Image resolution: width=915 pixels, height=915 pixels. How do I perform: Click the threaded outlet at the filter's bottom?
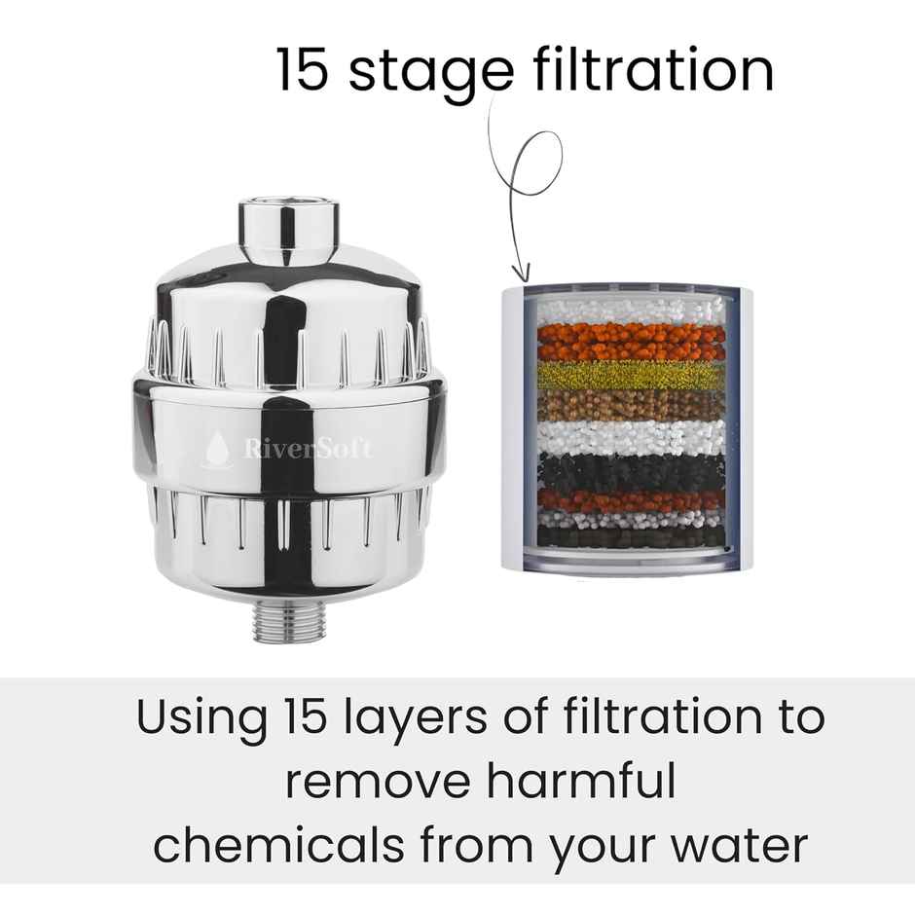[x=288, y=622]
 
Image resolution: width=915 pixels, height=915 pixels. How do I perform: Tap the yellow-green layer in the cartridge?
[x=630, y=377]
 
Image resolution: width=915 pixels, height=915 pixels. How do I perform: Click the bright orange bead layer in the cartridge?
[x=630, y=342]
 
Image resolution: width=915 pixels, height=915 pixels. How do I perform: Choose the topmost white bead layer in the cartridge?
[x=630, y=310]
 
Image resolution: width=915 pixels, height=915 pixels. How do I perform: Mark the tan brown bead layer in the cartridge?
[x=630, y=404]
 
